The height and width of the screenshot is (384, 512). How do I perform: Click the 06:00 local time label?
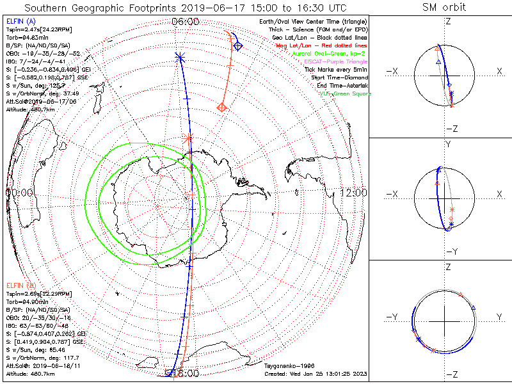pyautogui.click(x=186, y=21)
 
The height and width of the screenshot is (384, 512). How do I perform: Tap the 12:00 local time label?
pyautogui.click(x=353, y=192)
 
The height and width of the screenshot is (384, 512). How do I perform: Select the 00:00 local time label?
pyautogui.click(x=19, y=192)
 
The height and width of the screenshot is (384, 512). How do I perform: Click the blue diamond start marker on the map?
pyautogui.click(x=237, y=45)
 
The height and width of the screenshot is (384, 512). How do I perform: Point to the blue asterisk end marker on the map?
pyautogui.click(x=180, y=58)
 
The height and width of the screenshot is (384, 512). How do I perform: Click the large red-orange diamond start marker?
pyautogui.click(x=221, y=107)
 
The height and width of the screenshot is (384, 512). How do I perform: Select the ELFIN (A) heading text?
pyautogui.click(x=21, y=21)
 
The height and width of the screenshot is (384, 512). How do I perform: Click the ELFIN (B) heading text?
pyautogui.click(x=21, y=284)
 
